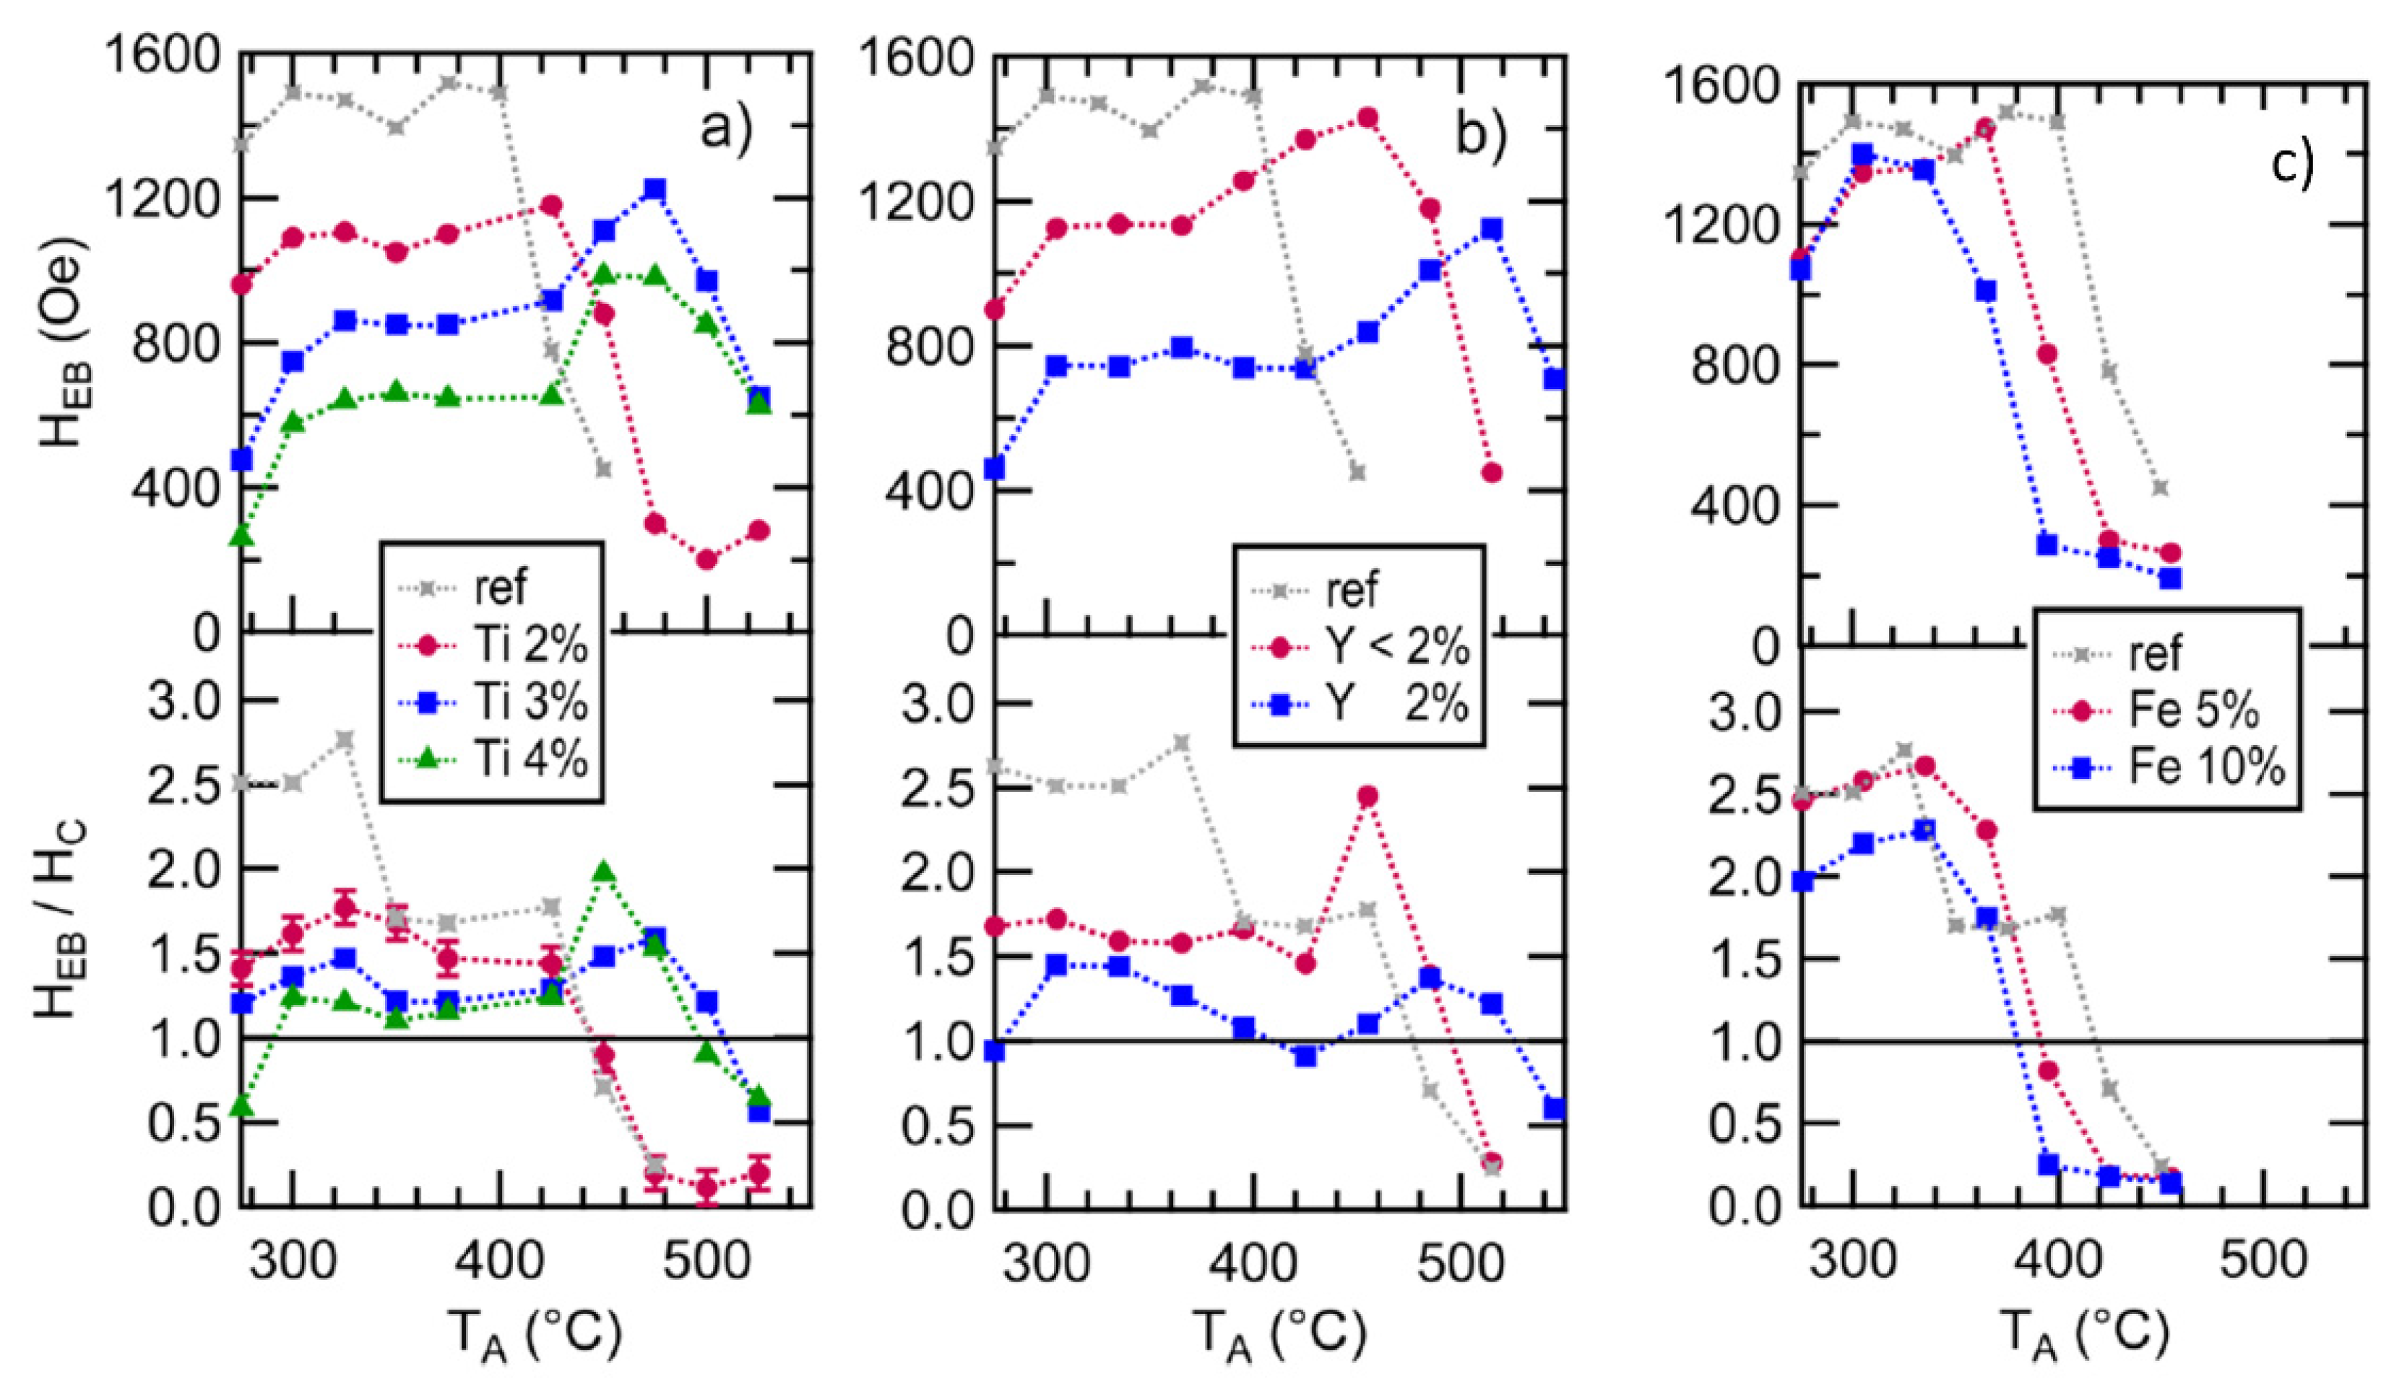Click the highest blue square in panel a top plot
654,189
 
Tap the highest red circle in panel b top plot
1367,118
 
